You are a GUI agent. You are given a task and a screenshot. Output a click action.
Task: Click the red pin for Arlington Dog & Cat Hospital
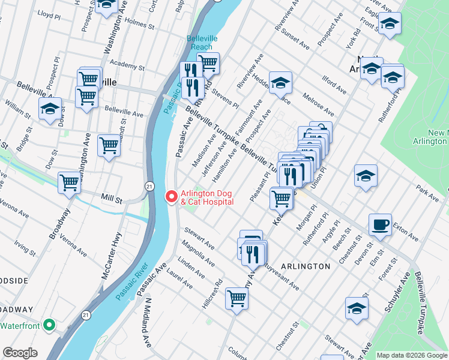(171, 196)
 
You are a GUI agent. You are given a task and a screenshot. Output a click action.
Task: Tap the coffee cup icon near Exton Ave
(380, 226)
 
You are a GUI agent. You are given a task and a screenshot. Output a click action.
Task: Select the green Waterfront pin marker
(50, 326)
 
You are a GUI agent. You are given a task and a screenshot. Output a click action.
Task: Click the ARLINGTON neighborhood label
(305, 266)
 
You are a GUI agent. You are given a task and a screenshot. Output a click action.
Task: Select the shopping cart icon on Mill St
(69, 182)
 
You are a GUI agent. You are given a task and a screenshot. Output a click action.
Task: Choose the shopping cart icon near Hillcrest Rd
(237, 298)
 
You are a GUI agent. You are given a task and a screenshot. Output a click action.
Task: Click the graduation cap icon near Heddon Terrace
(280, 82)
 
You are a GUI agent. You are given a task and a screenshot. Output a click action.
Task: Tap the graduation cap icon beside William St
(50, 109)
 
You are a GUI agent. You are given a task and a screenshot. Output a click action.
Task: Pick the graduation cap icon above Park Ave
(366, 176)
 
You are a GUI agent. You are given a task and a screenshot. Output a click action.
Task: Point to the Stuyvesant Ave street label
(279, 274)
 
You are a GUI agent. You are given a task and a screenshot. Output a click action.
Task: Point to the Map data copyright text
(412, 355)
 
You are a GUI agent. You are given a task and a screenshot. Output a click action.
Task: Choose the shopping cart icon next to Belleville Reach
(208, 62)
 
